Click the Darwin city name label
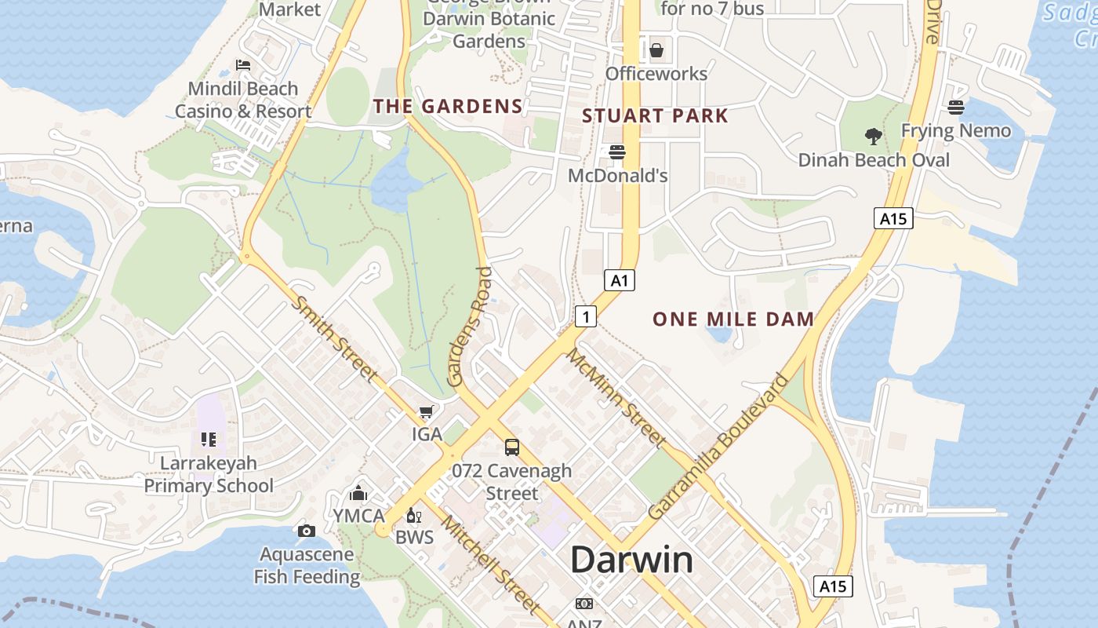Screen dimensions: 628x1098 [631, 560]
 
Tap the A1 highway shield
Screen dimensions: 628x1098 [620, 280]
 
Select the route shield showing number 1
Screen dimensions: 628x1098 [586, 316]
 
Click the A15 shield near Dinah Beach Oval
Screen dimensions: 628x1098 [893, 218]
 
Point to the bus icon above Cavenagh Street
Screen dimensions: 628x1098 [512, 447]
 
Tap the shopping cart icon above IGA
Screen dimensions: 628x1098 [426, 412]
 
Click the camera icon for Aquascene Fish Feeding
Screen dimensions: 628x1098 [307, 531]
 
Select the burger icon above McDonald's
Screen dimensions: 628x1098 [617, 152]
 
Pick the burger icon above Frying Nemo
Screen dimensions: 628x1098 [956, 107]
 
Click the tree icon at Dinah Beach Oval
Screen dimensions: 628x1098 [873, 137]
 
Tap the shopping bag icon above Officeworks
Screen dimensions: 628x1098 [656, 50]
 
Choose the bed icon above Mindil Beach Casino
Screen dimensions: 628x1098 [243, 65]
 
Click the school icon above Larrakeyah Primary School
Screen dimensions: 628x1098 [208, 440]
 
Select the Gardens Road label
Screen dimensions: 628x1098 [471, 327]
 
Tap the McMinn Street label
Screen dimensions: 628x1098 [616, 398]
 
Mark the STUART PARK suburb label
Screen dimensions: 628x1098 [655, 116]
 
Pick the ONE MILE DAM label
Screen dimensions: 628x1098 [733, 319]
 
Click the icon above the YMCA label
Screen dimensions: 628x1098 [358, 493]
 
